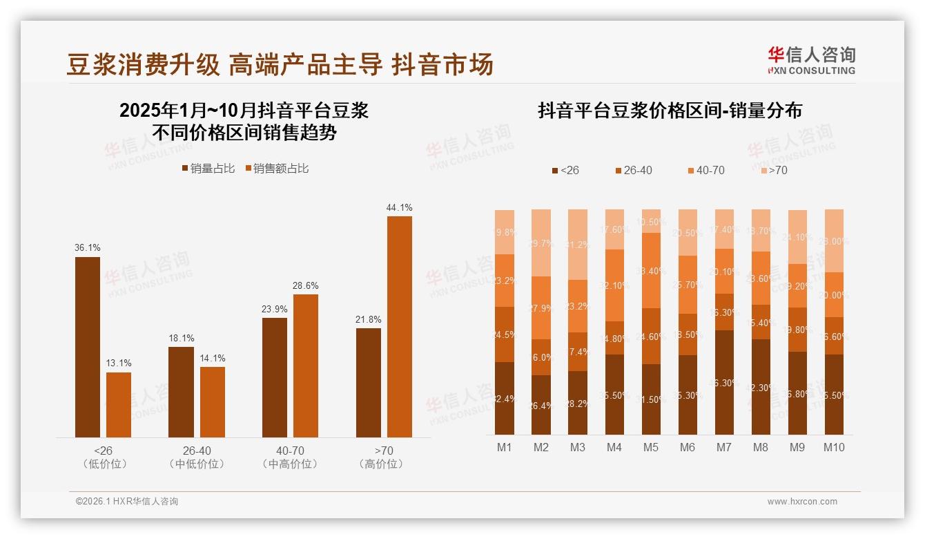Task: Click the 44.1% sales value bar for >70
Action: click(x=399, y=326)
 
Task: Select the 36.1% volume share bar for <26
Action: click(x=88, y=347)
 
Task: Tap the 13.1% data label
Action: click(x=119, y=363)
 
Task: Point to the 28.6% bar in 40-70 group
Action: click(x=306, y=366)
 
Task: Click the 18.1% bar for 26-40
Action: click(x=181, y=392)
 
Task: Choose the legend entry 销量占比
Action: click(x=208, y=169)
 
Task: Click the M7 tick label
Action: click(x=723, y=447)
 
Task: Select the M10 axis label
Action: click(x=834, y=447)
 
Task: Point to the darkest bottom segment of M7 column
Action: click(x=724, y=382)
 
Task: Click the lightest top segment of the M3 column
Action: click(x=578, y=245)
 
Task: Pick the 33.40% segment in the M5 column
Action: click(x=651, y=270)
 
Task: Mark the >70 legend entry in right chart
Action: click(x=773, y=170)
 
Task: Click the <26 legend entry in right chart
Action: click(x=565, y=170)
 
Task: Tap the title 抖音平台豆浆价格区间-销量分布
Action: click(x=670, y=111)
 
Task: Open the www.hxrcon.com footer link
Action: click(x=802, y=502)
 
